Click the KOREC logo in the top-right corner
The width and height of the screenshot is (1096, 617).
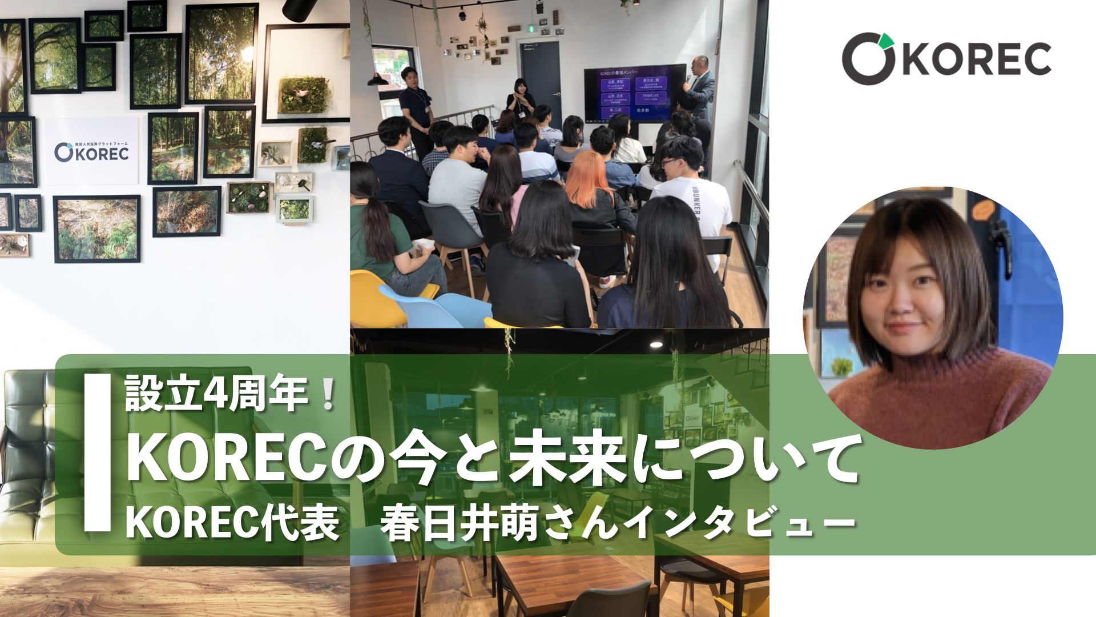click(946, 58)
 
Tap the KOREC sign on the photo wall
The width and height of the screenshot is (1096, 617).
click(92, 152)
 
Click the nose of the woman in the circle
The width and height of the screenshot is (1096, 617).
click(902, 306)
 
